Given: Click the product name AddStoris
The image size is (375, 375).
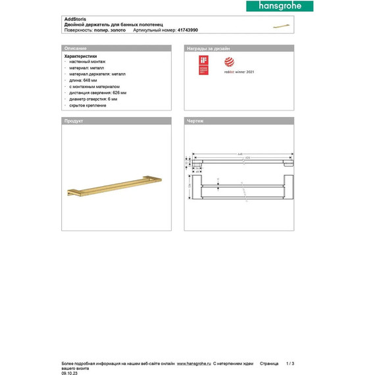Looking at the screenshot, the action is point(75,20).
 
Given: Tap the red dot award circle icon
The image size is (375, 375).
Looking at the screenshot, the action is point(229,63).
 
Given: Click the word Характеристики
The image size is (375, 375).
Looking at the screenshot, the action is point(80,57).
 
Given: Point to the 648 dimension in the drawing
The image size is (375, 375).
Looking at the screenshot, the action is point(239,155).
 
